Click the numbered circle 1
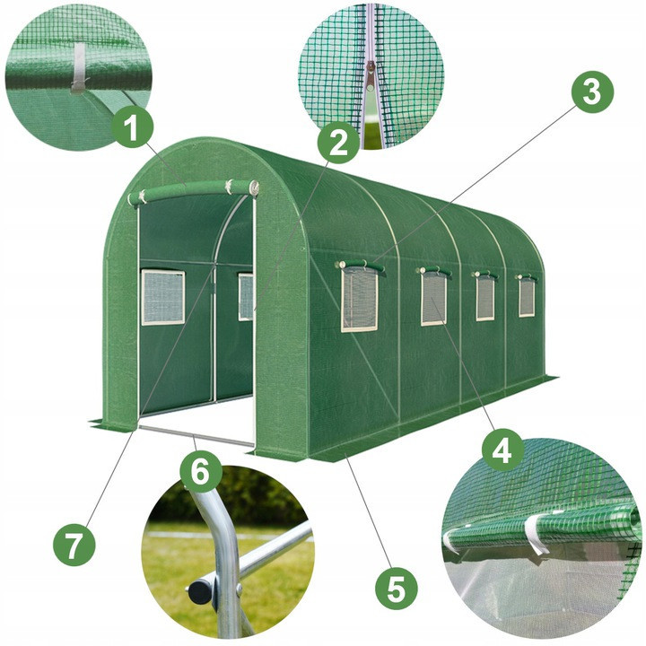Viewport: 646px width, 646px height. click(x=133, y=129)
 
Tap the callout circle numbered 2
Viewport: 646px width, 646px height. click(x=337, y=143)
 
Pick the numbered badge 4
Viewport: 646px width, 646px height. click(x=503, y=448)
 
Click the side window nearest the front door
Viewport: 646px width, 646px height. click(x=360, y=299)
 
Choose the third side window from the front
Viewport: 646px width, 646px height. click(x=484, y=298)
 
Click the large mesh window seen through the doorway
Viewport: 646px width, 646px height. click(x=163, y=297)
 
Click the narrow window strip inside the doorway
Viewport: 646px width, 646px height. click(x=245, y=297)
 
